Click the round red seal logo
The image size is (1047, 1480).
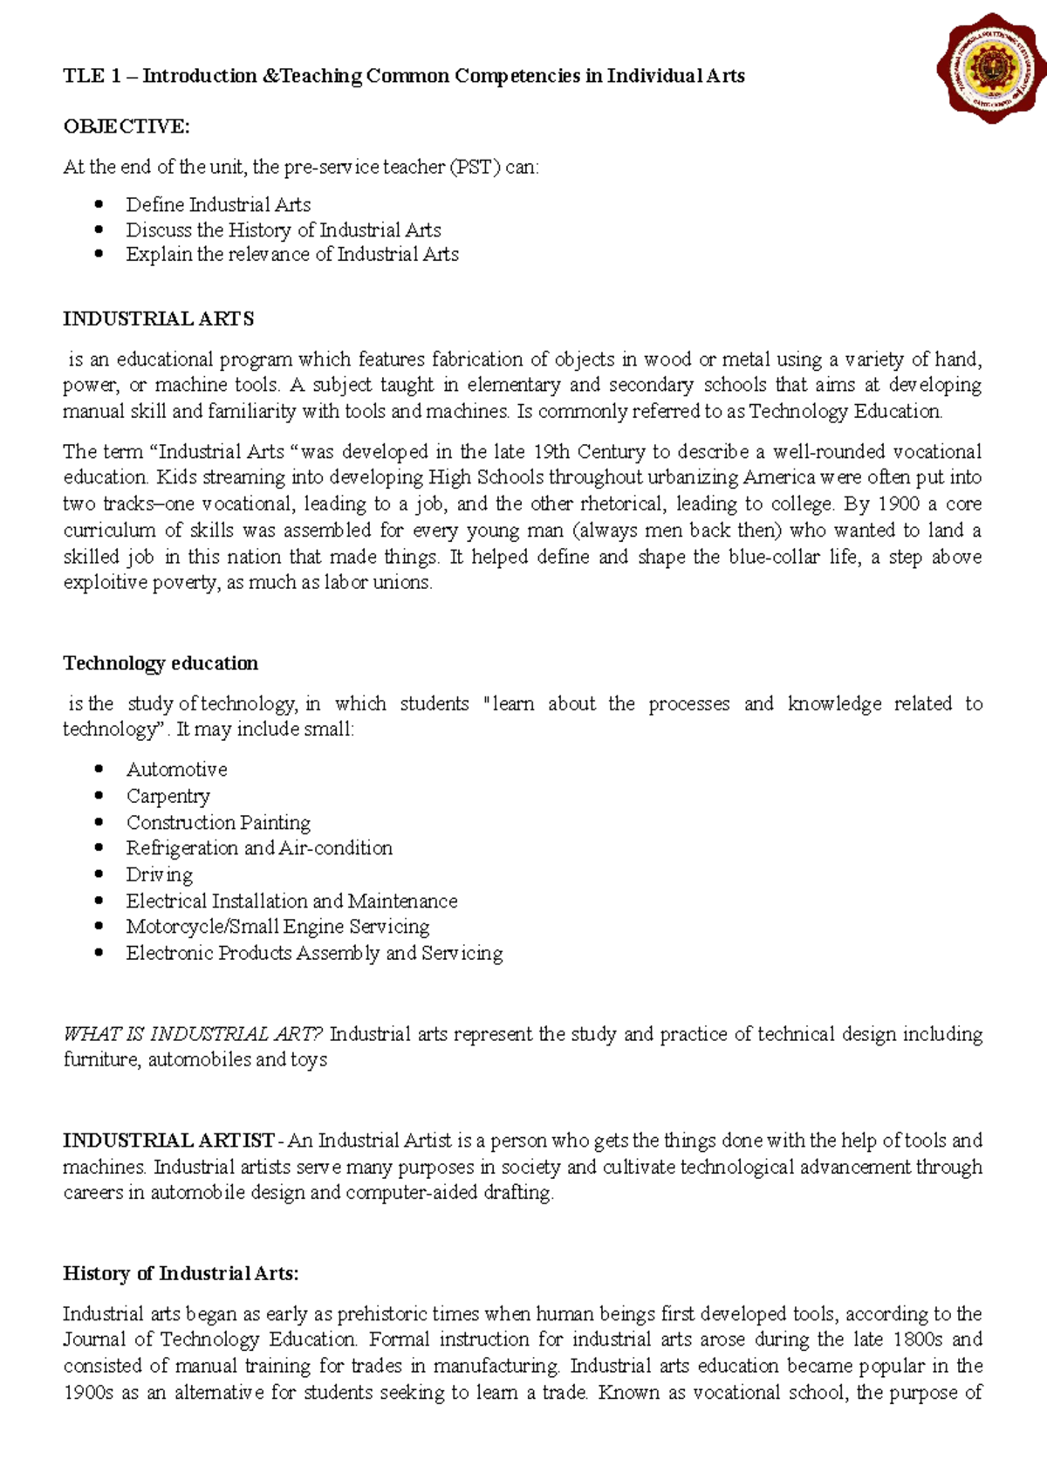pos(990,68)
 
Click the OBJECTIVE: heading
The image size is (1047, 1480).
pos(126,127)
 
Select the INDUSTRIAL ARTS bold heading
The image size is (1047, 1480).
pos(158,319)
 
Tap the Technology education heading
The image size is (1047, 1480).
pos(161,663)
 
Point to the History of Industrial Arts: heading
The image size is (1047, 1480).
pos(181,1273)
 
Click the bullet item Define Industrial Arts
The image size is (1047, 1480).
pos(218,205)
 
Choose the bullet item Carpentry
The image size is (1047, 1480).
pos(168,796)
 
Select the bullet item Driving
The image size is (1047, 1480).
pos(160,874)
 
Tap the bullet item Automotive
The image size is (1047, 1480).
pos(176,770)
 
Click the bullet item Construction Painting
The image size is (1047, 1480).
pos(218,822)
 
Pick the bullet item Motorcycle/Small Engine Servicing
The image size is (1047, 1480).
pos(277,927)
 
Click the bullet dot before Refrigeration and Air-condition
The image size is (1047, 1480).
pos(99,848)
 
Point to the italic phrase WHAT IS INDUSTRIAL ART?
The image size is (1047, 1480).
pos(193,1034)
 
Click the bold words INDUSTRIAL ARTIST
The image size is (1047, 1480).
pos(168,1141)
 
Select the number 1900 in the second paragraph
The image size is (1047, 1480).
pos(898,504)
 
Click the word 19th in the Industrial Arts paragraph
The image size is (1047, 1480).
pos(551,452)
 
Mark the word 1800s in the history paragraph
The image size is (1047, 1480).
pos(918,1340)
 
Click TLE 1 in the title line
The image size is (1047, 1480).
pos(92,76)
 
